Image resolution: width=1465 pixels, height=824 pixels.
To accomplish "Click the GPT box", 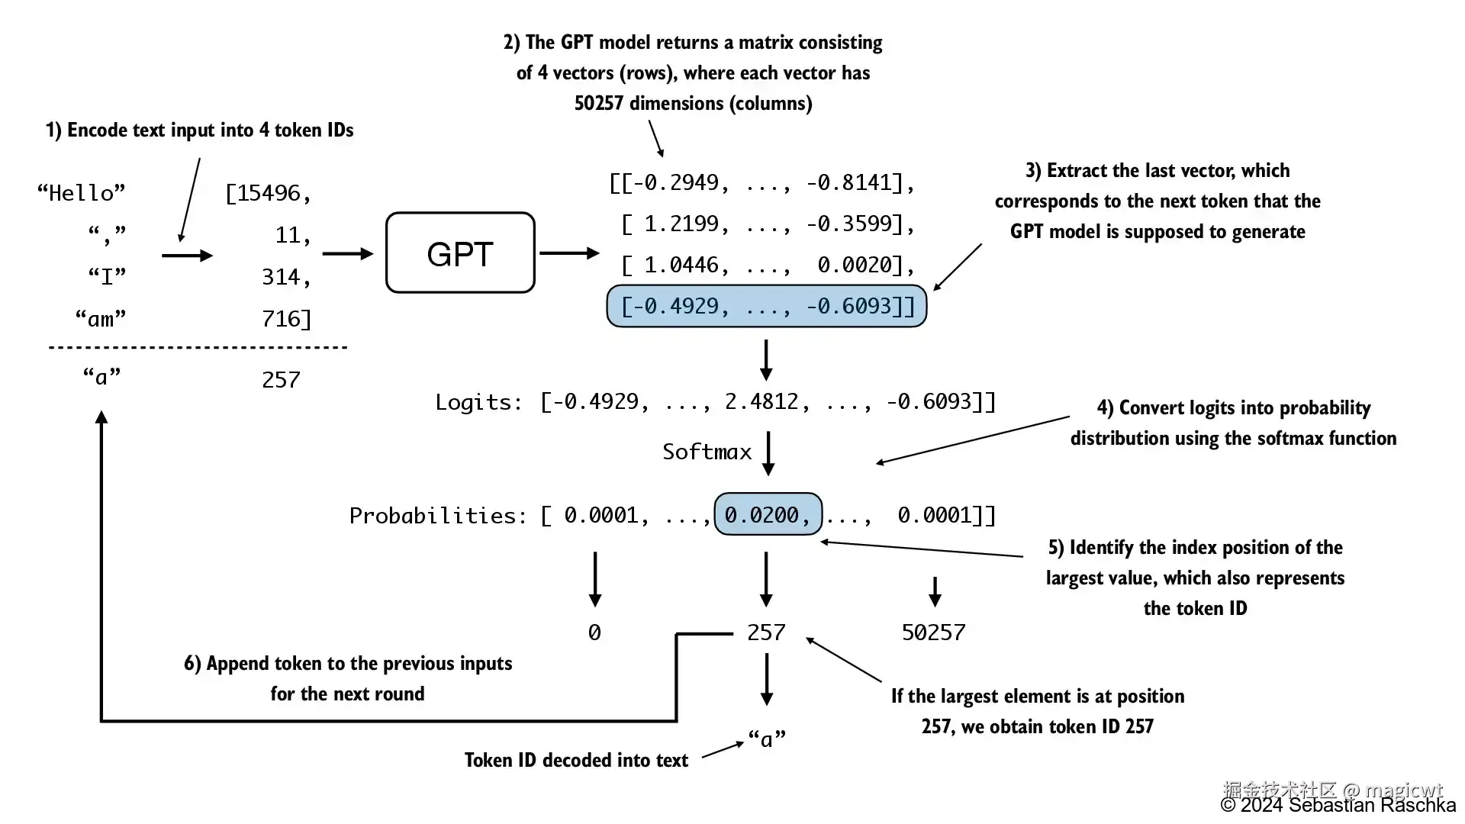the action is point(460,253).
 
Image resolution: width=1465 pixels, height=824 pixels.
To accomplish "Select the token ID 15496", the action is point(269,193).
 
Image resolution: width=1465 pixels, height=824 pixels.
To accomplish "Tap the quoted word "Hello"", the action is point(82,192).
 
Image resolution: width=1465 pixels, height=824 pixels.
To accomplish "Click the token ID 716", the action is point(281,318).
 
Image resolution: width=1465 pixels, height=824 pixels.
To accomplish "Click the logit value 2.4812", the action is point(761,401).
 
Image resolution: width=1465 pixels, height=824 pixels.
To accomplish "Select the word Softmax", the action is point(707,452).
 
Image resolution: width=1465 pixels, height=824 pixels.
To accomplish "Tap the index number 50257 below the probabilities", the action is point(933,632).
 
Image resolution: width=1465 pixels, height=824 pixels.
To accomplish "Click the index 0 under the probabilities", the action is point(594,632).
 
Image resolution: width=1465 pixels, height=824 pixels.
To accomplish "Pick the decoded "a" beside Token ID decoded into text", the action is point(767,739).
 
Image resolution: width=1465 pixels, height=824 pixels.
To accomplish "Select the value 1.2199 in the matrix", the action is point(681,224).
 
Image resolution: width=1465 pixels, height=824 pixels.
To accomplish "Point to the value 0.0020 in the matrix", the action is point(855,265).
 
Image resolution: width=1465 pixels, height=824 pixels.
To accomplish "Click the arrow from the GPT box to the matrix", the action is point(569,253).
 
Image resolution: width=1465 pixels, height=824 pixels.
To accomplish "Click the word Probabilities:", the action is point(438,516).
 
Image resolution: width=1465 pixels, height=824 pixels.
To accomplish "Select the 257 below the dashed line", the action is point(281,379).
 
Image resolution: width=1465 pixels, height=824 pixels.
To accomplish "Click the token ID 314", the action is point(281,276).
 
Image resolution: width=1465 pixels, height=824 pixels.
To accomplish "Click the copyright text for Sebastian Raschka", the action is point(1338,806).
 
